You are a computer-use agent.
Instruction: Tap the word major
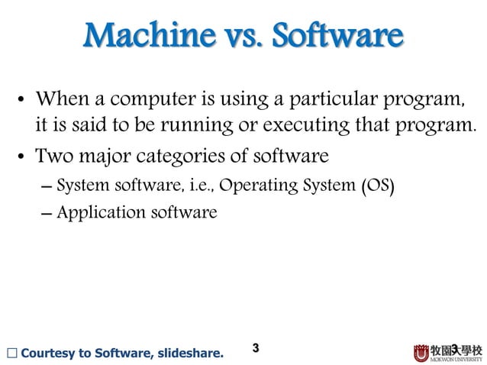click(103, 158)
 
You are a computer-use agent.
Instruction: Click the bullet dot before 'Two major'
click(24, 159)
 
